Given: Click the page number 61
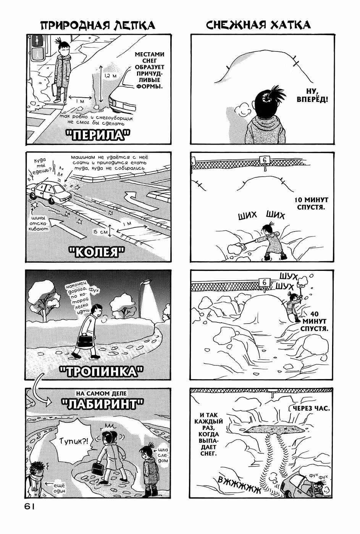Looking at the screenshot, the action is pos(29,507).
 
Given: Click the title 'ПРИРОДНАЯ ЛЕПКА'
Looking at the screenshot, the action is pos(98,25).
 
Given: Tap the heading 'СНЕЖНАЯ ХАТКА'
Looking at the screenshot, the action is pos(258,25).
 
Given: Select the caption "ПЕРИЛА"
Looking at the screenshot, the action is pos(98,135).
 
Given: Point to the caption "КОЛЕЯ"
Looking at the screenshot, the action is pos(97,252).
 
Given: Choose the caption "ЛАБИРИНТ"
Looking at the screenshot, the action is pos(103,404).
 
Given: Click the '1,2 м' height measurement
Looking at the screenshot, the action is pos(110,76).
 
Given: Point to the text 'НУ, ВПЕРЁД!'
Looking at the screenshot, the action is pos(312,95).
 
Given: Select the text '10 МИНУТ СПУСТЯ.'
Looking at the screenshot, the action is pos(312,203).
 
